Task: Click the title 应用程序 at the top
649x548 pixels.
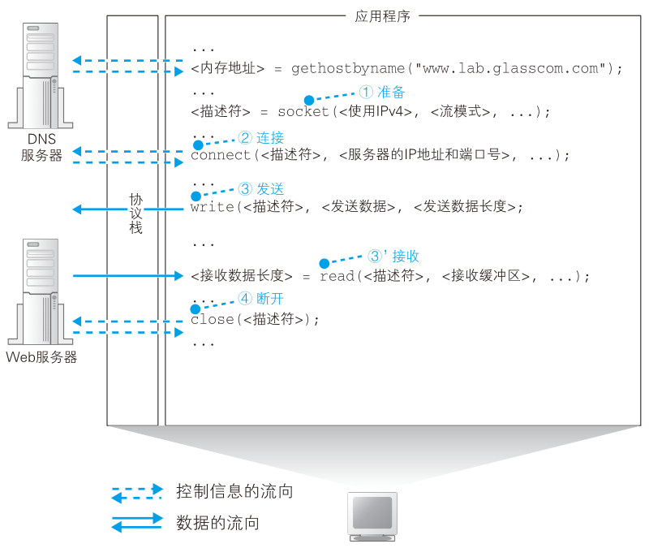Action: click(382, 16)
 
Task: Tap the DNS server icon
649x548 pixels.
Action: click(41, 76)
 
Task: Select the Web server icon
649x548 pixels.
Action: click(41, 291)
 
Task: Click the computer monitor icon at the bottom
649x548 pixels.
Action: click(372, 516)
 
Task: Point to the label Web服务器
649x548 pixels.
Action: click(41, 357)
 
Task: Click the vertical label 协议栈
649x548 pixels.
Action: click(135, 214)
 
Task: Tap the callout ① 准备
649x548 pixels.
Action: click(381, 92)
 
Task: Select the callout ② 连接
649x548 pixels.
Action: click(260, 137)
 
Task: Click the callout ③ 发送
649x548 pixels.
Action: click(260, 189)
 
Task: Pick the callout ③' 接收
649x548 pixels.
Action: click(393, 256)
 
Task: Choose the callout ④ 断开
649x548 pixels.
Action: click(260, 298)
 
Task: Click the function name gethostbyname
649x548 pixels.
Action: click(348, 68)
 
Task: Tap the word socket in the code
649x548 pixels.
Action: click(303, 111)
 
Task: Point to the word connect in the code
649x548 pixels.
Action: click(221, 155)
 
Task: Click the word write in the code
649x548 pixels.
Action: click(213, 206)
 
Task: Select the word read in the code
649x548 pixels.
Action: click(337, 276)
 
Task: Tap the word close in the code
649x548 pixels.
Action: click(213, 319)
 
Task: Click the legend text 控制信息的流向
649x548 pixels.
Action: click(234, 491)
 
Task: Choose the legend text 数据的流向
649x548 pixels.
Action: click(217, 523)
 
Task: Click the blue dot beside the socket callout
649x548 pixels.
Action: click(309, 100)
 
